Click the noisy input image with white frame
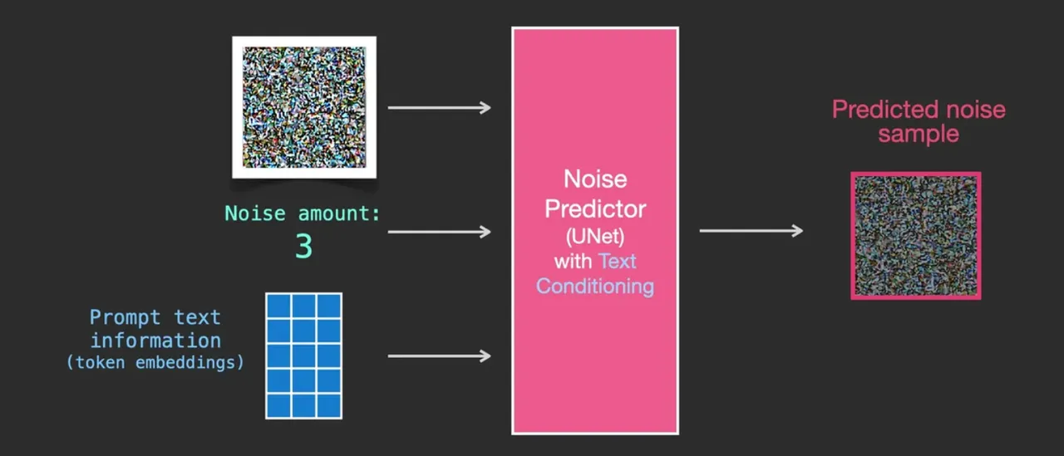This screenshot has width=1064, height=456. (x=304, y=106)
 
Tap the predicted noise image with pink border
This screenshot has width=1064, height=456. (x=915, y=235)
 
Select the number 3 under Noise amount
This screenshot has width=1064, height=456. (x=304, y=247)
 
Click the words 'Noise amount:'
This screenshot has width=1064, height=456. (x=303, y=214)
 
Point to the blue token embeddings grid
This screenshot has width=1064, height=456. (x=303, y=355)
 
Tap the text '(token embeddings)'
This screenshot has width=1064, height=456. (x=155, y=362)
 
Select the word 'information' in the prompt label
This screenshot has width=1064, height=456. (x=155, y=341)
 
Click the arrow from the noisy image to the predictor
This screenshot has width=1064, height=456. (x=439, y=107)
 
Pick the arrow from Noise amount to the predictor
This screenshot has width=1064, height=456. (x=439, y=231)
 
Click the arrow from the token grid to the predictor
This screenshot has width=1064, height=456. (x=439, y=356)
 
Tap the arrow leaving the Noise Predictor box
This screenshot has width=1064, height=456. (x=751, y=231)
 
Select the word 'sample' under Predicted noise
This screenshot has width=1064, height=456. (x=919, y=134)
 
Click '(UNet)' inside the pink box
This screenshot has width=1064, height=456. (x=595, y=236)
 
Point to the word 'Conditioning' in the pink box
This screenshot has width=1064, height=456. (x=595, y=287)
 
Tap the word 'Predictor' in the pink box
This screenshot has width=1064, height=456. (x=595, y=208)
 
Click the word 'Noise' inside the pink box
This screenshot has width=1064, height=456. (x=595, y=179)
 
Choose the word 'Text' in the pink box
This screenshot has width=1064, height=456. (x=618, y=261)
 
